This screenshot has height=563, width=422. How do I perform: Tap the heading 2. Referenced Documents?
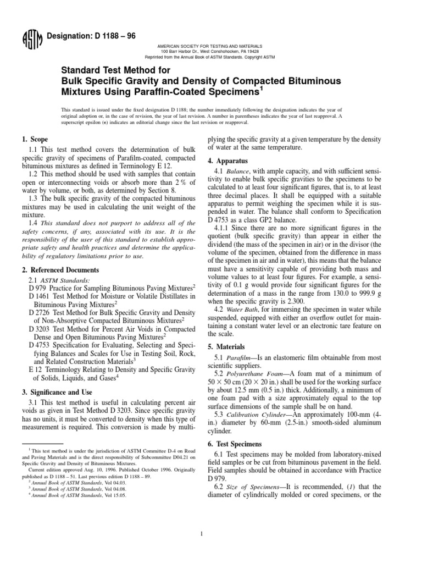[64, 270]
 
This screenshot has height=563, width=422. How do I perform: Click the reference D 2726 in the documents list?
[39, 312]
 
